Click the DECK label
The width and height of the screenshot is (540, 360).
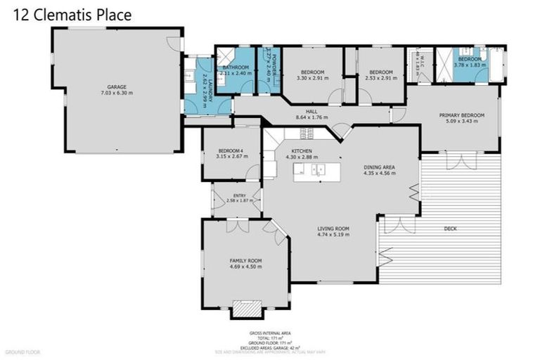click(x=451, y=229)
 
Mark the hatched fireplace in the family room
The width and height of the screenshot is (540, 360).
click(x=245, y=309)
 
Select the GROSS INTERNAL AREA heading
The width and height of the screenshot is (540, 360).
click(x=270, y=333)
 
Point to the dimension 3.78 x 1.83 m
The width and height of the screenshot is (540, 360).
click(x=470, y=65)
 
